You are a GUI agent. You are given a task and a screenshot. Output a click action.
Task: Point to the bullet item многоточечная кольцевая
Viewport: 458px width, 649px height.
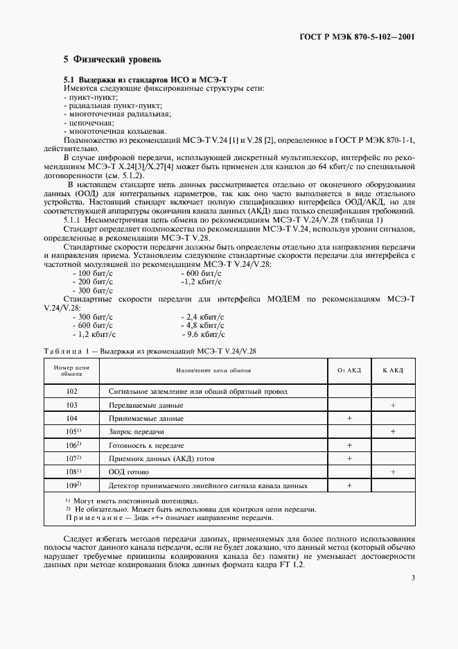click(114, 130)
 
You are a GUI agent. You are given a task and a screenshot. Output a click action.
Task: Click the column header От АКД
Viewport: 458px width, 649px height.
click(349, 370)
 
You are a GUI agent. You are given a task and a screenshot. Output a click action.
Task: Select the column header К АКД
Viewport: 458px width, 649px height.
click(393, 370)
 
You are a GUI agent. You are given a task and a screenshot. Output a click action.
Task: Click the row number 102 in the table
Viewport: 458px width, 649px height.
click(71, 392)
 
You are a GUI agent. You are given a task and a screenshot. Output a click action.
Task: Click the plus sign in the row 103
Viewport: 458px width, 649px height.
click(393, 405)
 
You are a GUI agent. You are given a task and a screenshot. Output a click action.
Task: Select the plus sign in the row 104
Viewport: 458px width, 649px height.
click(349, 418)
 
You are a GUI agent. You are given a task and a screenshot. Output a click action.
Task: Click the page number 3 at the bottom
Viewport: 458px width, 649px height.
click(412, 578)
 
